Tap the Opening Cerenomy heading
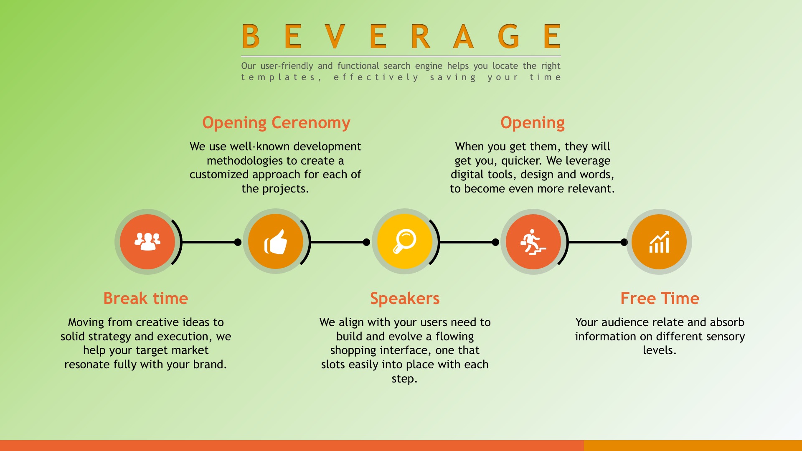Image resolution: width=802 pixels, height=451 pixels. coord(276,123)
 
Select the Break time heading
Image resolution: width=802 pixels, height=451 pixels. coord(146,298)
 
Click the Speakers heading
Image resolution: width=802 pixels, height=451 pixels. coord(405,299)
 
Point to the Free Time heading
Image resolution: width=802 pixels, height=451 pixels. coord(660,298)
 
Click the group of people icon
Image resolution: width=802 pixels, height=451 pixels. coord(147,241)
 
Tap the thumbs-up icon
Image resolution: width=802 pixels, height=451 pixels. coord(276,242)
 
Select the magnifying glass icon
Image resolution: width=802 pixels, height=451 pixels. coord(404,241)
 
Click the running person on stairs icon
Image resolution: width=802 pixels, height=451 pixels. coord(533,242)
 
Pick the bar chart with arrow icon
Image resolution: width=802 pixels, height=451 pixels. coord(659,242)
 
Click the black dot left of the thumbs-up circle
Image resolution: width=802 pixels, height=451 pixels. coord(238,242)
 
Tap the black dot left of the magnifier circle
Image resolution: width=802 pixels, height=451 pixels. coord(366,242)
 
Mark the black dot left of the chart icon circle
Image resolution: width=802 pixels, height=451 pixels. coord(624,242)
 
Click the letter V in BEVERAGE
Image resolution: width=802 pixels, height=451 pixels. coord(335,36)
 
